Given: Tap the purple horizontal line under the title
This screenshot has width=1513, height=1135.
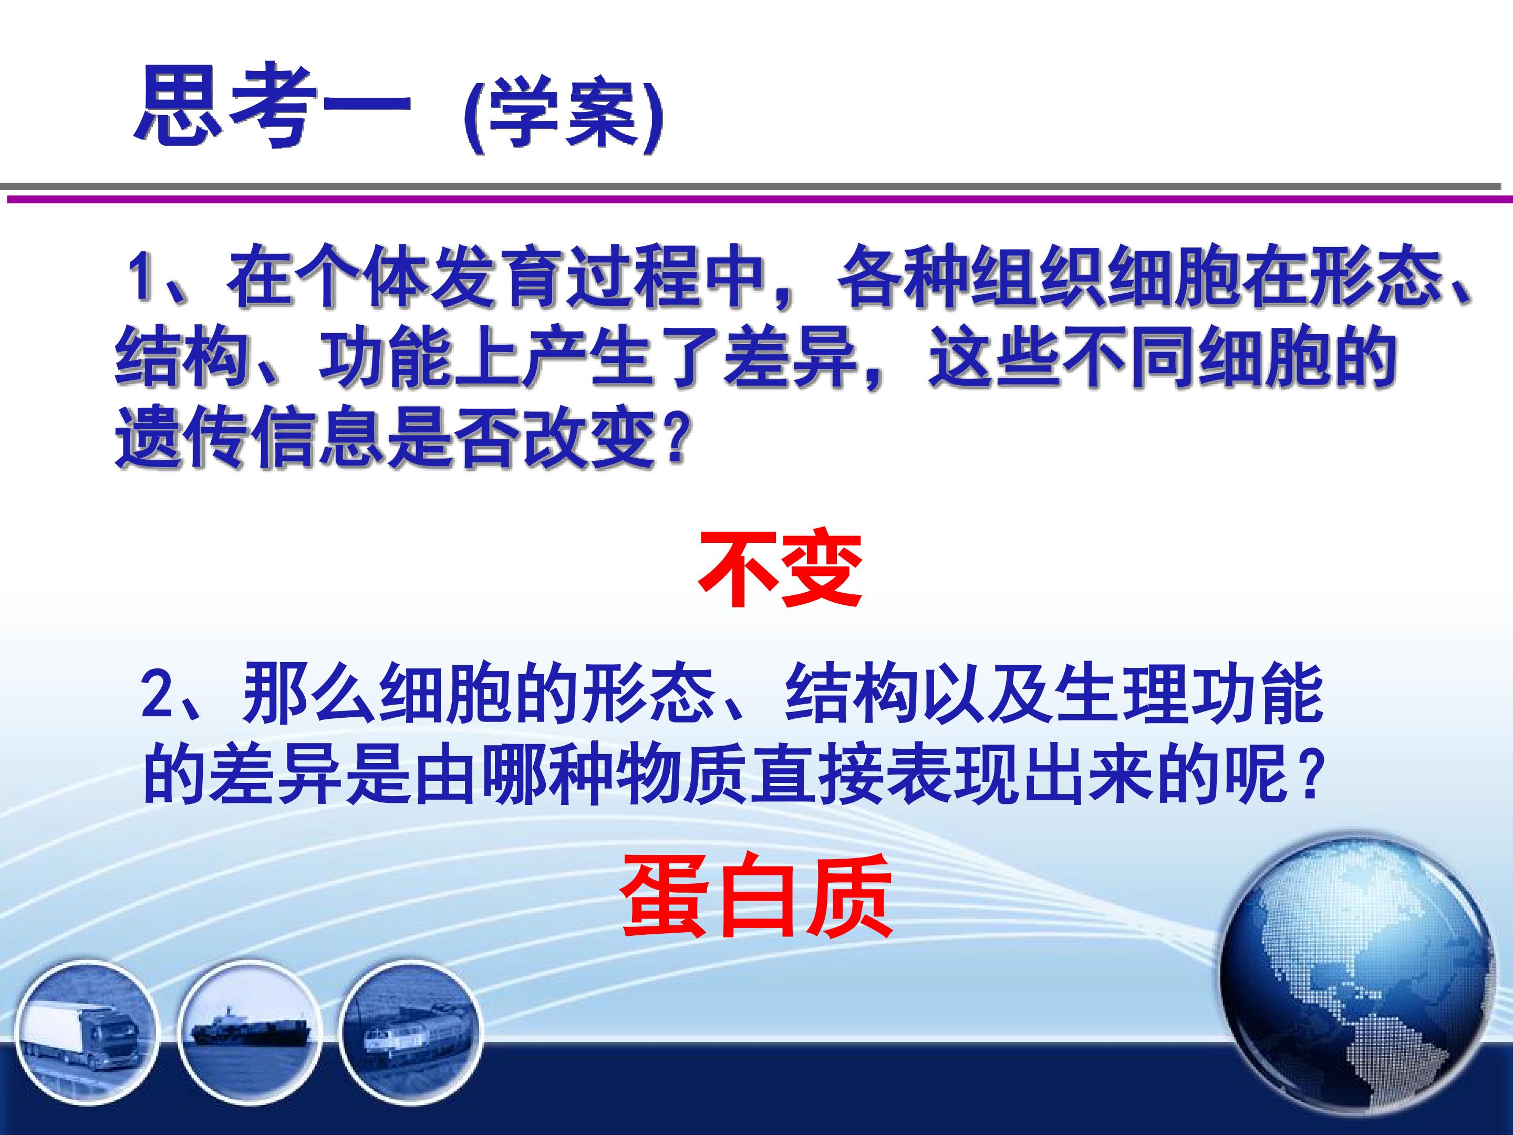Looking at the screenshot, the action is pyautogui.click(x=759, y=199).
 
